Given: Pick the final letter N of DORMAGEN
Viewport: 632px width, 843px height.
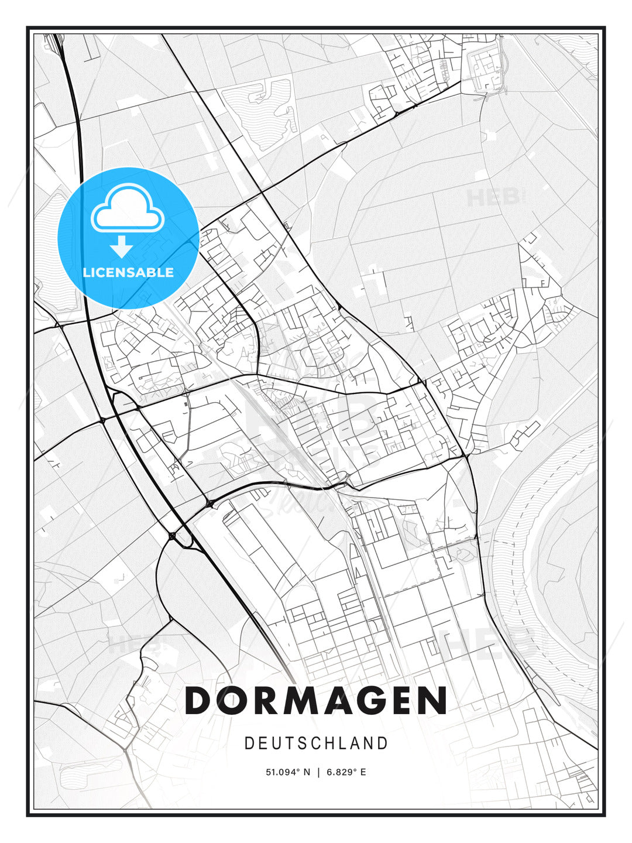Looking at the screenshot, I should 433,700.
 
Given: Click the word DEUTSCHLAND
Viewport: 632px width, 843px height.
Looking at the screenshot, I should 316,743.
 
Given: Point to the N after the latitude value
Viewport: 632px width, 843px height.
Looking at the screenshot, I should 307,772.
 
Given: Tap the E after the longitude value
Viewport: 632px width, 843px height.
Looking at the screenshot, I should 363,772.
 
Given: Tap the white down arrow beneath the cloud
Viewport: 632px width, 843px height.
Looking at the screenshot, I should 122,246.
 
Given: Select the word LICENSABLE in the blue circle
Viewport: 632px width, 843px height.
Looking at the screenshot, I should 128,272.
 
